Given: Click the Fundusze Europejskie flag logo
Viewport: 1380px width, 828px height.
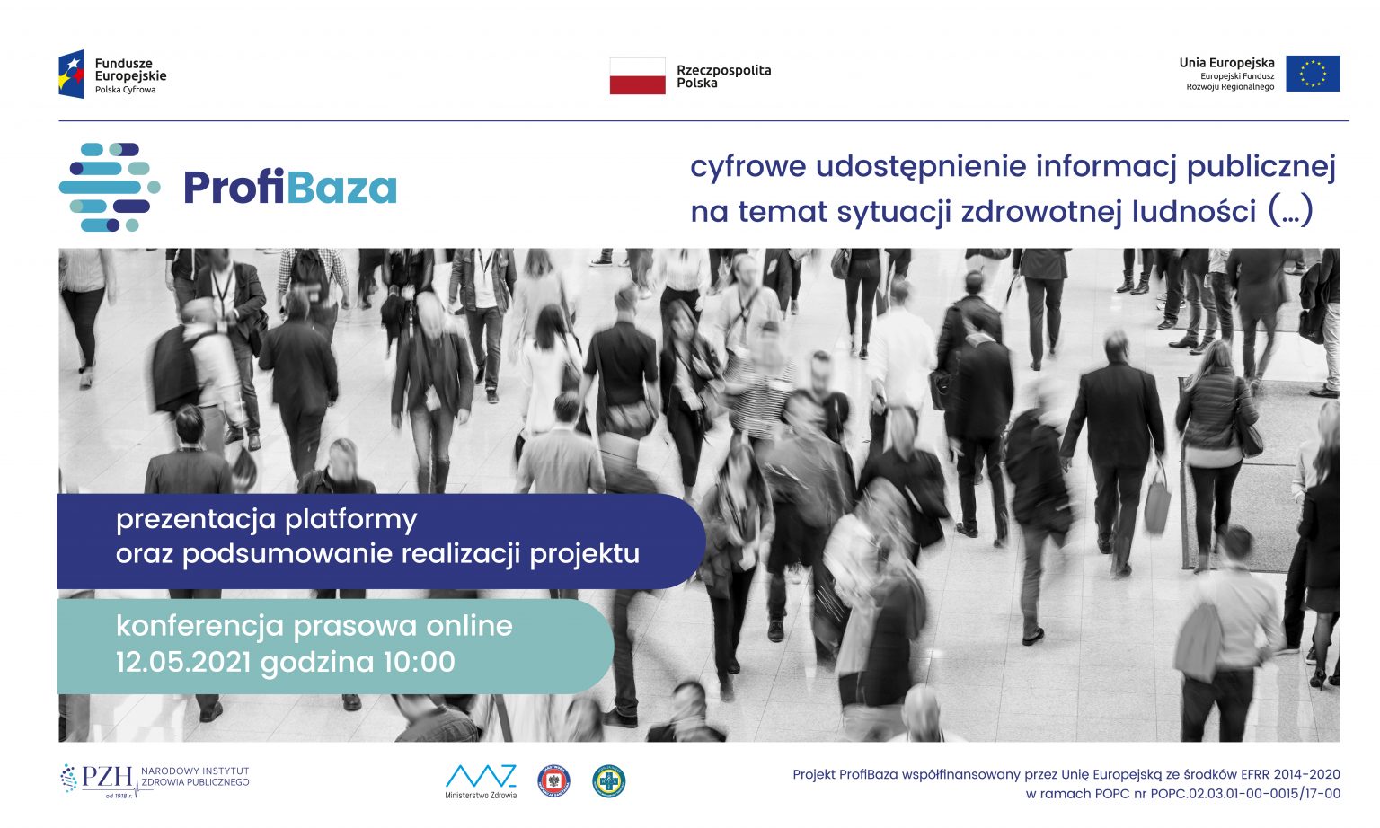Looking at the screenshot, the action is tap(71, 75).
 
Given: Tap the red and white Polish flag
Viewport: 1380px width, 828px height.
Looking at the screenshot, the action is tap(638, 75).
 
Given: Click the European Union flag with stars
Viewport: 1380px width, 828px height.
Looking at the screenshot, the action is tap(1313, 74).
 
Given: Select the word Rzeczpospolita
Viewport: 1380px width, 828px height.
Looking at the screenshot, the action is tap(724, 70).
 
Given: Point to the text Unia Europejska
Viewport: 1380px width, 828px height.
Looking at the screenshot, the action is tap(1226, 63).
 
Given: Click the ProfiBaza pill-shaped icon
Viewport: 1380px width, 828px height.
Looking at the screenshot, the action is tap(110, 187).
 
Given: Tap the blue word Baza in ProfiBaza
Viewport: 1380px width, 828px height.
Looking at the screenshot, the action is tap(341, 187).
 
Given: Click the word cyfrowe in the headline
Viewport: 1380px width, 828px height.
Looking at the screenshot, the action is tap(747, 167).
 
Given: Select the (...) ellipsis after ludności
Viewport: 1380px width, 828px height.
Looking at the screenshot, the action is tap(1291, 211).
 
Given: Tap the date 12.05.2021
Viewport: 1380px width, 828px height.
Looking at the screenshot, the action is tap(183, 662).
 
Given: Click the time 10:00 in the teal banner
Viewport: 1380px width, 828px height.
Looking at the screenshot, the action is tap(419, 662).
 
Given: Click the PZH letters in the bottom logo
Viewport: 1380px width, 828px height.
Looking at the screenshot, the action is tap(107, 777).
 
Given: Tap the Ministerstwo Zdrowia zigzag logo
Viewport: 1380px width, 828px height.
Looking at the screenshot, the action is tap(481, 777).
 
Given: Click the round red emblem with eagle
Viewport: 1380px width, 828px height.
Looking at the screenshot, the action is tap(553, 781).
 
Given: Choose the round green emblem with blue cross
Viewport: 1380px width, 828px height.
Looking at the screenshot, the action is tap(608, 781).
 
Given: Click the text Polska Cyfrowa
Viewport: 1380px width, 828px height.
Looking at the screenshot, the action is tap(125, 90).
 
